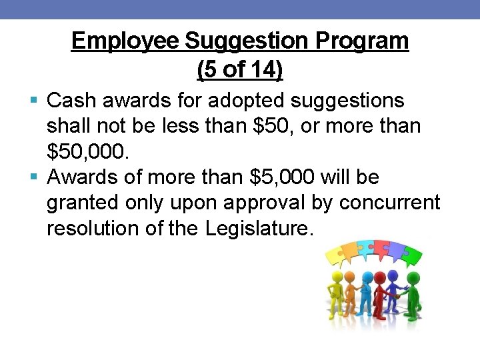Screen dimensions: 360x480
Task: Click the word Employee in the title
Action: pyautogui.click(x=125, y=41)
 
